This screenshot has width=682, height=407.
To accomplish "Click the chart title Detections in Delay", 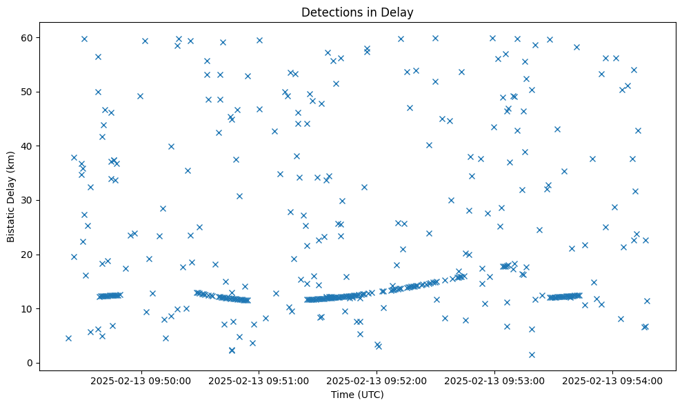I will click(x=357, y=12).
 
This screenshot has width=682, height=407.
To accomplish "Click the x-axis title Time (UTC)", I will click(x=357, y=395).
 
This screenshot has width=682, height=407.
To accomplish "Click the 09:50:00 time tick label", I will click(x=141, y=380).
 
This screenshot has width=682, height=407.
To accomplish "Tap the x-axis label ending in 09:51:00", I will click(x=259, y=380).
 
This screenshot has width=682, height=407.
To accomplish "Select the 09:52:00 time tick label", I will click(x=377, y=380).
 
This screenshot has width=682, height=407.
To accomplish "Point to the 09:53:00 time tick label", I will click(x=495, y=380).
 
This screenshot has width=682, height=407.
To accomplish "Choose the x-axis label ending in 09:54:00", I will click(x=613, y=380).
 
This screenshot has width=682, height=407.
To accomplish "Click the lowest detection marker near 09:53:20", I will click(x=532, y=355).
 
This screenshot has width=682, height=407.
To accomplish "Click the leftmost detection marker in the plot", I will click(x=68, y=338).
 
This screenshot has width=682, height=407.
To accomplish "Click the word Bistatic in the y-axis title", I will click(x=11, y=222).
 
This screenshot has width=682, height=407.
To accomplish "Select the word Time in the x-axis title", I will click(x=343, y=395).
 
